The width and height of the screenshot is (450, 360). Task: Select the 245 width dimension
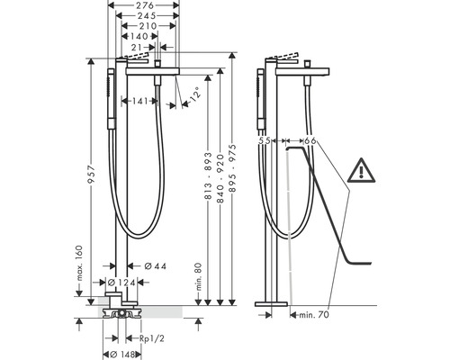tap(147, 15)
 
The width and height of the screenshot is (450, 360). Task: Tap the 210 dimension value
tap(148, 26)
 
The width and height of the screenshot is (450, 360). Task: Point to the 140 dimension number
tap(139, 36)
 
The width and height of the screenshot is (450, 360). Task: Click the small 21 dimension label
tap(137, 47)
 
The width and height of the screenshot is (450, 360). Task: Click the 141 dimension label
tap(139, 101)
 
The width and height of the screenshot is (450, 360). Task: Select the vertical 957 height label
tap(90, 175)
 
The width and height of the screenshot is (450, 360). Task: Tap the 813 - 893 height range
tap(208, 175)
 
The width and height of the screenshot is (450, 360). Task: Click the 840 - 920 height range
tap(220, 179)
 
